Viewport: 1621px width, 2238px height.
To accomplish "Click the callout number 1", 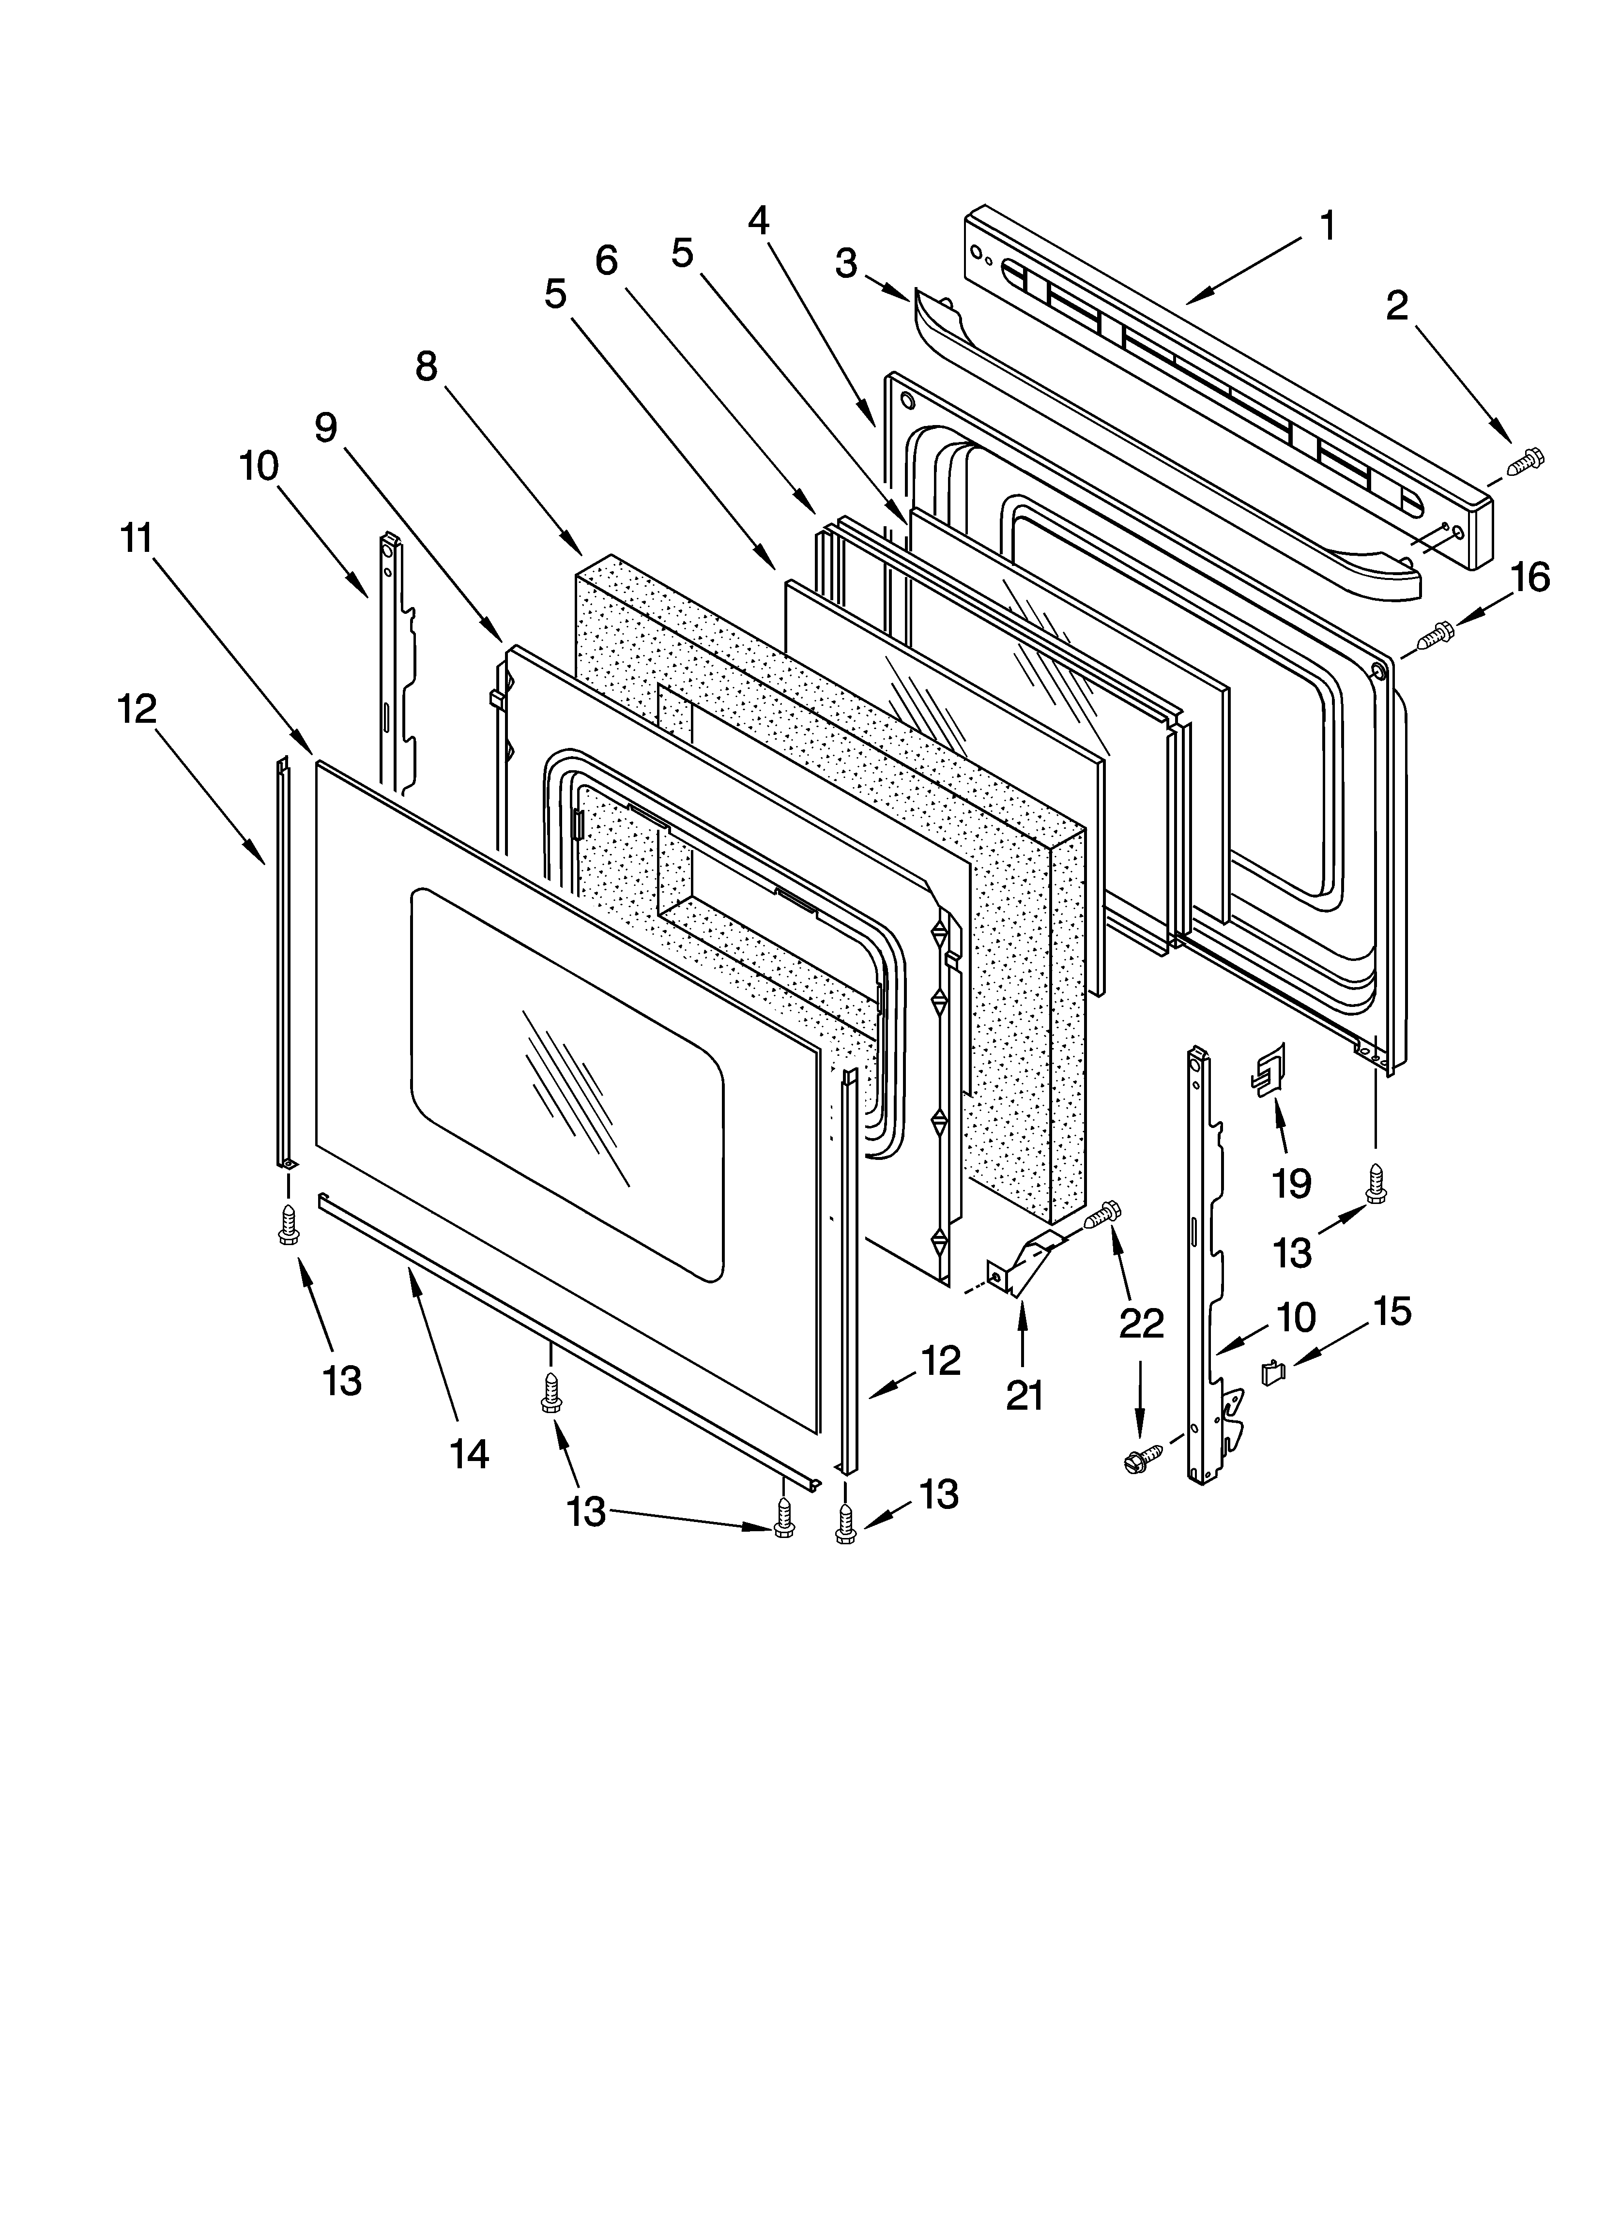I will click(1328, 226).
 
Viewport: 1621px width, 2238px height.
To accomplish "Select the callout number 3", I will click(846, 263).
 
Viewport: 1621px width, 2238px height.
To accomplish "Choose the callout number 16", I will click(1530, 577).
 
